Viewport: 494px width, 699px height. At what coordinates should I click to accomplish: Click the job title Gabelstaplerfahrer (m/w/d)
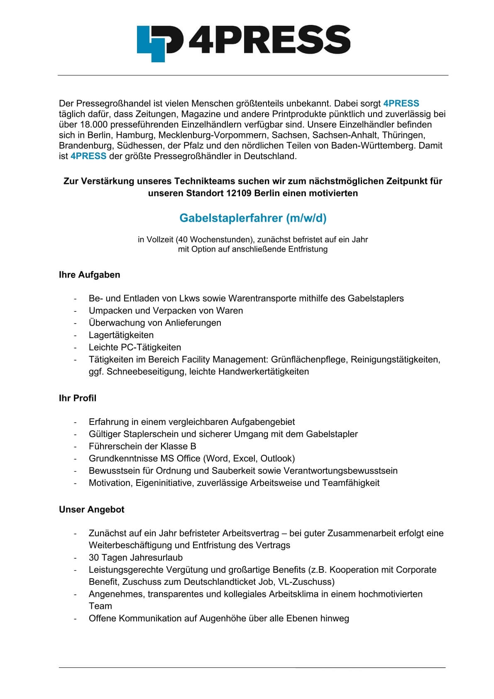253,218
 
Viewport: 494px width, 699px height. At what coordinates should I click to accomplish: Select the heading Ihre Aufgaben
89,275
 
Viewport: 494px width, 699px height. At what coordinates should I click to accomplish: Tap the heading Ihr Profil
77,398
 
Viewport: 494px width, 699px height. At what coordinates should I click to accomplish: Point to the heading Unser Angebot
91,510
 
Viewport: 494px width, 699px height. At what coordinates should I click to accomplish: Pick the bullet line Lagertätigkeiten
121,335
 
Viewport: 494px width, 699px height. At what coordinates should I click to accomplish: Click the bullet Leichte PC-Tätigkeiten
135,347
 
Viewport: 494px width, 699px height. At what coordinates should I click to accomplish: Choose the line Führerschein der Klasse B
142,446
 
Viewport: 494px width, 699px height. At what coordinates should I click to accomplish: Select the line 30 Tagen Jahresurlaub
135,558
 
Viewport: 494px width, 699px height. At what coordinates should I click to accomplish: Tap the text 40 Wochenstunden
214,240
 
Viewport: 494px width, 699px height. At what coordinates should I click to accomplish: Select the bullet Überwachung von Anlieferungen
154,323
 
